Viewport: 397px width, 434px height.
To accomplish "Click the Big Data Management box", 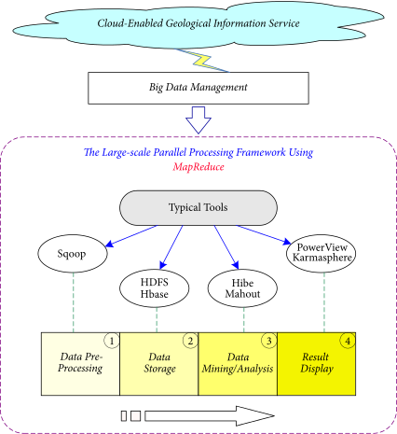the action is click(x=198, y=88).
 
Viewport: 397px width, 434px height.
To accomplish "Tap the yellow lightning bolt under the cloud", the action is click(x=203, y=61).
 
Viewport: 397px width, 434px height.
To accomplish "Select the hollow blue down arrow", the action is click(x=198, y=120).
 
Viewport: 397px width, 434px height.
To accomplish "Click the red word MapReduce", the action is click(x=198, y=167).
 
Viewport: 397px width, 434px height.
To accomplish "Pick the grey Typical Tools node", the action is click(x=198, y=208).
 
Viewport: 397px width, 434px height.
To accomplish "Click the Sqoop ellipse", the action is click(x=73, y=254).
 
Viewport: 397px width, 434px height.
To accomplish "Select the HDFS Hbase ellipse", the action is click(x=155, y=288).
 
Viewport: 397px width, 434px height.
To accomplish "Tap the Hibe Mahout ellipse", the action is click(x=242, y=288).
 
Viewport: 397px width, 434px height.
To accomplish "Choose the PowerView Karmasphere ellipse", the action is click(x=321, y=254).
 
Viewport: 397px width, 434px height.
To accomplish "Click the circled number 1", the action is click(x=112, y=341).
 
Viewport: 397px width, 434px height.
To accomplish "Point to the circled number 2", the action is click(x=190, y=341).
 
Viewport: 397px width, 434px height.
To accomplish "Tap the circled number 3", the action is click(x=269, y=341).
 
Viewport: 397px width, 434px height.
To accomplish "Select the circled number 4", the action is click(x=348, y=341).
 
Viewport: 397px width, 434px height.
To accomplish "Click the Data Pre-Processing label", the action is click(x=80, y=362).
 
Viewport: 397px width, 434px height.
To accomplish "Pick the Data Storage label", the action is click(x=159, y=363).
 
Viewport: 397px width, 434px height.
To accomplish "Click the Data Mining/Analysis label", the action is click(x=238, y=363).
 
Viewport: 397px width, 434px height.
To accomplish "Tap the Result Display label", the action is click(x=317, y=363).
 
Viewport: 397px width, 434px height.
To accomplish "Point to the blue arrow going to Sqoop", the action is click(x=131, y=236).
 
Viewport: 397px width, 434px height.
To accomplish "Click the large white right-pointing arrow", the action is click(x=210, y=416).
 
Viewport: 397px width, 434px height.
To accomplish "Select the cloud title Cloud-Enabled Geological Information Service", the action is click(x=198, y=23).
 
